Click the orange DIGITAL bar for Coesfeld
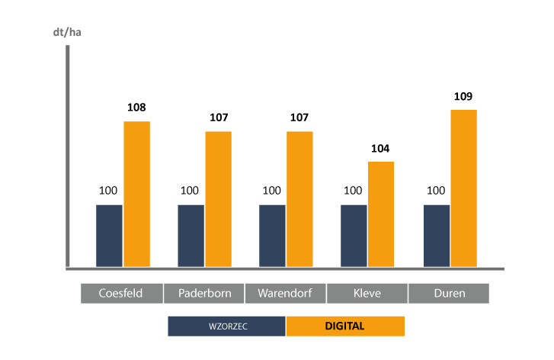[x=137, y=194]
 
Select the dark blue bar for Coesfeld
[x=109, y=236]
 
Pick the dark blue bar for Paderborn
[x=191, y=236]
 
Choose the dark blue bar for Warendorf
[x=272, y=236]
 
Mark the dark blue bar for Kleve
[x=354, y=236]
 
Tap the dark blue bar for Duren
[x=436, y=236]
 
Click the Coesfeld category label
[x=121, y=293]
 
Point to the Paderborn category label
[x=203, y=293]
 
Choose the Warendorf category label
[x=285, y=293]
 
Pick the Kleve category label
[x=367, y=293]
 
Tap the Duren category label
[x=449, y=293]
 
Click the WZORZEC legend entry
[x=227, y=326]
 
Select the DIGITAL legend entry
[x=345, y=326]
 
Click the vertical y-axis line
[x=68, y=153]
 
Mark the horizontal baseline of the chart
[x=286, y=268]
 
